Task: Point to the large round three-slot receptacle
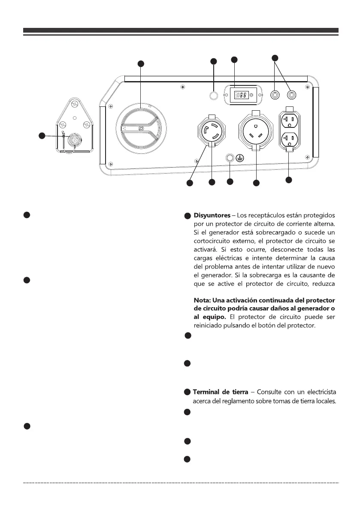pos(257,131)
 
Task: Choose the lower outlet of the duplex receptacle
pos(288,139)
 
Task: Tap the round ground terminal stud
pos(230,158)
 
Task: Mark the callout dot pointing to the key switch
pos(42,136)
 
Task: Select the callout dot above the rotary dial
pos(140,64)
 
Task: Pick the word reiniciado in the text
pos(207,325)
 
